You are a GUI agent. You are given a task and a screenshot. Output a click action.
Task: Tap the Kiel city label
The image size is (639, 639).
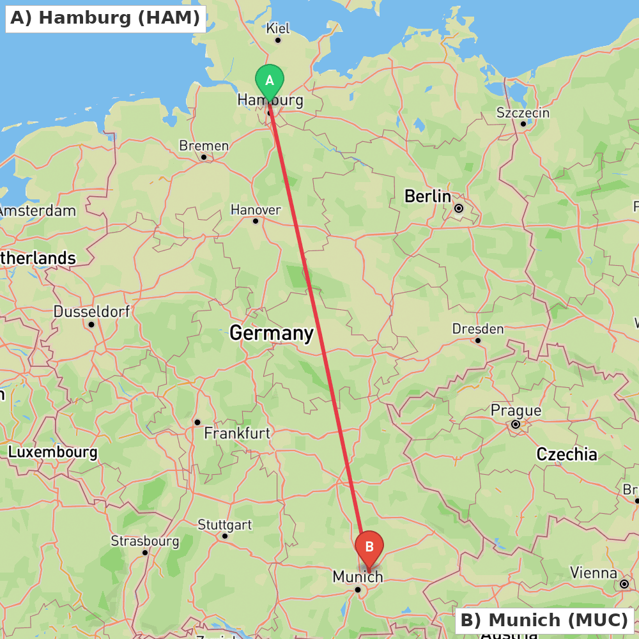pyautogui.click(x=278, y=28)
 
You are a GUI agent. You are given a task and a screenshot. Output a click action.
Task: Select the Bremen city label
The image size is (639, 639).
pyautogui.click(x=204, y=146)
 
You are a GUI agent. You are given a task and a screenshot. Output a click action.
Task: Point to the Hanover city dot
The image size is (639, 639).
pyautogui.click(x=256, y=221)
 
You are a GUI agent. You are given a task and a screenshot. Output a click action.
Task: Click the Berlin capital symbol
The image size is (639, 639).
pyautogui.click(x=458, y=208)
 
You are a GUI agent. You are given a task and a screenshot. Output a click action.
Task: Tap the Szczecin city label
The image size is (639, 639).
pyautogui.click(x=523, y=113)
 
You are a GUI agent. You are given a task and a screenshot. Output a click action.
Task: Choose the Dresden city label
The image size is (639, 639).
pyautogui.click(x=478, y=329)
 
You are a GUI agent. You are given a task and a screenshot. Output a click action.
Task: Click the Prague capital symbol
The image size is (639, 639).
pyautogui.click(x=516, y=424)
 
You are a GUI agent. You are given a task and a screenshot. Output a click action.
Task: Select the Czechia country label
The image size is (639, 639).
pyautogui.click(x=567, y=454)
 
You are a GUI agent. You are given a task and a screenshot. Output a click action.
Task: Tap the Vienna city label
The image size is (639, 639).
pyautogui.click(x=594, y=573)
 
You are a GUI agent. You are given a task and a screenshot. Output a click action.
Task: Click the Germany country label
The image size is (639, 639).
pyautogui.click(x=272, y=333)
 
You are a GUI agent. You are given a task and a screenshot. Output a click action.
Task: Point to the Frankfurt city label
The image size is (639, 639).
pyautogui.click(x=237, y=433)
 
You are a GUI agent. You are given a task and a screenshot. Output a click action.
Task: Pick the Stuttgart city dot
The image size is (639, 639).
pyautogui.click(x=225, y=535)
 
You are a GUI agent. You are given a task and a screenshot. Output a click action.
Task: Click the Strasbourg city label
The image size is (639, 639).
pyautogui.click(x=145, y=541)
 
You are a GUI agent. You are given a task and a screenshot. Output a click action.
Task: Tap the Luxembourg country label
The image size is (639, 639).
pyautogui.click(x=52, y=452)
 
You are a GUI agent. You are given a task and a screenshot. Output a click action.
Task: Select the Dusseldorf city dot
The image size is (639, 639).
pyautogui.click(x=91, y=325)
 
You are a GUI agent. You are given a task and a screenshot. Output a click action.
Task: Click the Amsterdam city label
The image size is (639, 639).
pyautogui.click(x=37, y=211)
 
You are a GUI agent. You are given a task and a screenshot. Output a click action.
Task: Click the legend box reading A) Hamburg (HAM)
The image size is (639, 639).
pyautogui.click(x=105, y=18)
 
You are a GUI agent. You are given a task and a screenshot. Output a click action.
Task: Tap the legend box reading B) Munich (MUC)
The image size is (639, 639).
pyautogui.click(x=544, y=620)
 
